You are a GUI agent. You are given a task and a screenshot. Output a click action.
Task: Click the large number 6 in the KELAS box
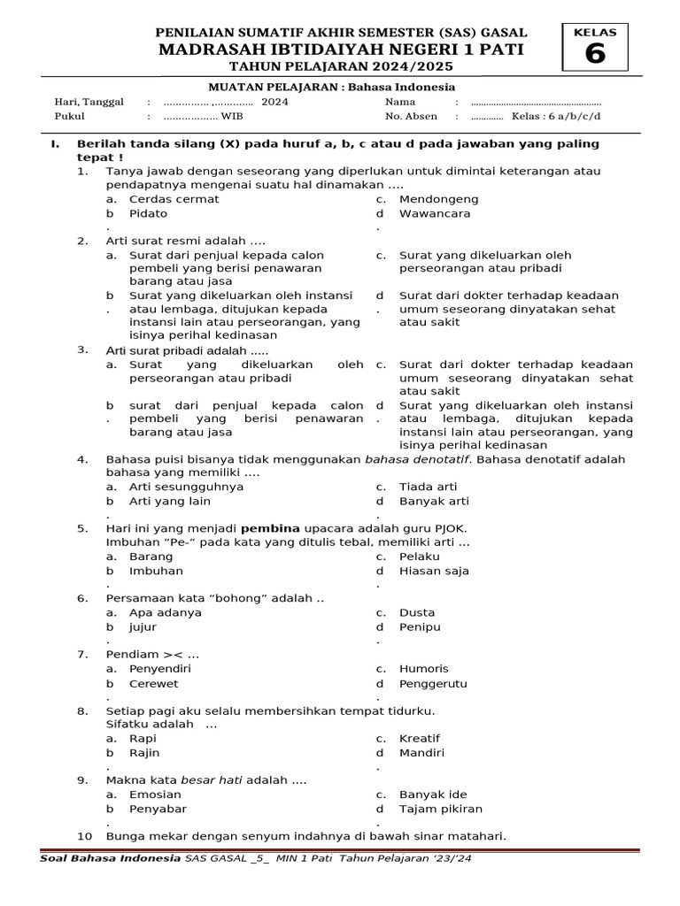pos(595,55)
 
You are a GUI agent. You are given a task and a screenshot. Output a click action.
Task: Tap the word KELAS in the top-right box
pos(595,33)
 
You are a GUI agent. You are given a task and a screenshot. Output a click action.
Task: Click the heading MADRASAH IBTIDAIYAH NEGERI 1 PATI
pos(341,50)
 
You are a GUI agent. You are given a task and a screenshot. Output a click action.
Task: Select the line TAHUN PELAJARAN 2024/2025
pos(341,68)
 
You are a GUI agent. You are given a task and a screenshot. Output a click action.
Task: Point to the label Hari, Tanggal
pos(89,102)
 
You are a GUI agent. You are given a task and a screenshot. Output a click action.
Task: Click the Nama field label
pos(400,102)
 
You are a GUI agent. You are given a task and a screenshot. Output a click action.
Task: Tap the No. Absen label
pos(411,116)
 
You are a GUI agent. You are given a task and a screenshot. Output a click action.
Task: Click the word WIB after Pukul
pos(232,116)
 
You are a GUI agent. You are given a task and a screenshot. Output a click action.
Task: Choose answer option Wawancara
pos(435,213)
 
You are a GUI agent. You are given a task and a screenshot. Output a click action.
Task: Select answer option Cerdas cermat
pos(174,199)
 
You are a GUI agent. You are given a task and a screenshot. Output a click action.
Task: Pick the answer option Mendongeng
pos(438,199)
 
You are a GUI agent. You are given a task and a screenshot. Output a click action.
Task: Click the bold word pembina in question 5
pos(272,528)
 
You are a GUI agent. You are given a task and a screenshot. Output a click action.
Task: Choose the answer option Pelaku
pos(420,557)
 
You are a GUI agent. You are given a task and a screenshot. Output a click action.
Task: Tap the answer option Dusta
pos(417,612)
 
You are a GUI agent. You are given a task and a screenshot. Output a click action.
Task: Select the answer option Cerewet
pos(153,683)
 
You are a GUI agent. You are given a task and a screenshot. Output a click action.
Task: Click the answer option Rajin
pos(144,753)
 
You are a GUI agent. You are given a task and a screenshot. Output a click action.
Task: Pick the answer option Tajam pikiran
pos(441,809)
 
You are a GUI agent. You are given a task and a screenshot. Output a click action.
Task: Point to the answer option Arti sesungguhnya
pos(186,487)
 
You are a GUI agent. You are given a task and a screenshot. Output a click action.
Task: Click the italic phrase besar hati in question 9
pos(211,780)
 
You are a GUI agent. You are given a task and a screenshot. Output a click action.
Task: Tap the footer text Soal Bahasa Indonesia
pos(110,858)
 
